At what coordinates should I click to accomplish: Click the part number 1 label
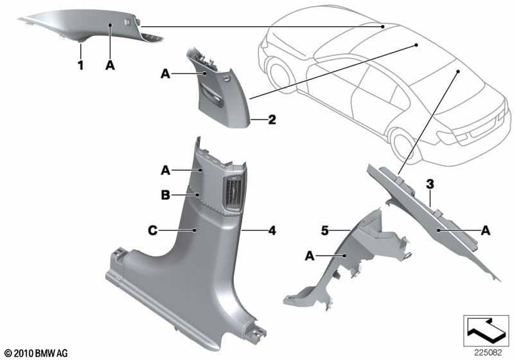click(80, 65)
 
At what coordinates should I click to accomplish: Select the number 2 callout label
click(272, 120)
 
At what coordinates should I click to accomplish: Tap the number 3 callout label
click(430, 184)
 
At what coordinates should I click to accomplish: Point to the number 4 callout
click(272, 231)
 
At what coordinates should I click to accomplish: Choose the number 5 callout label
click(324, 231)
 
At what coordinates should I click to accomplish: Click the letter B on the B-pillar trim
click(166, 195)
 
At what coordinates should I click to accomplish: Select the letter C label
click(153, 231)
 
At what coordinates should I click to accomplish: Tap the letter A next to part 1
click(110, 65)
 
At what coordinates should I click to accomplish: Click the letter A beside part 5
click(310, 256)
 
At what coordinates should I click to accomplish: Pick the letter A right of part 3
click(486, 231)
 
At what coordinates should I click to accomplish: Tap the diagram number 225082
click(488, 353)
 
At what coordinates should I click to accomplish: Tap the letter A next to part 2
click(166, 74)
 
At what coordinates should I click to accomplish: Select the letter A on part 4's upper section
click(166, 170)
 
